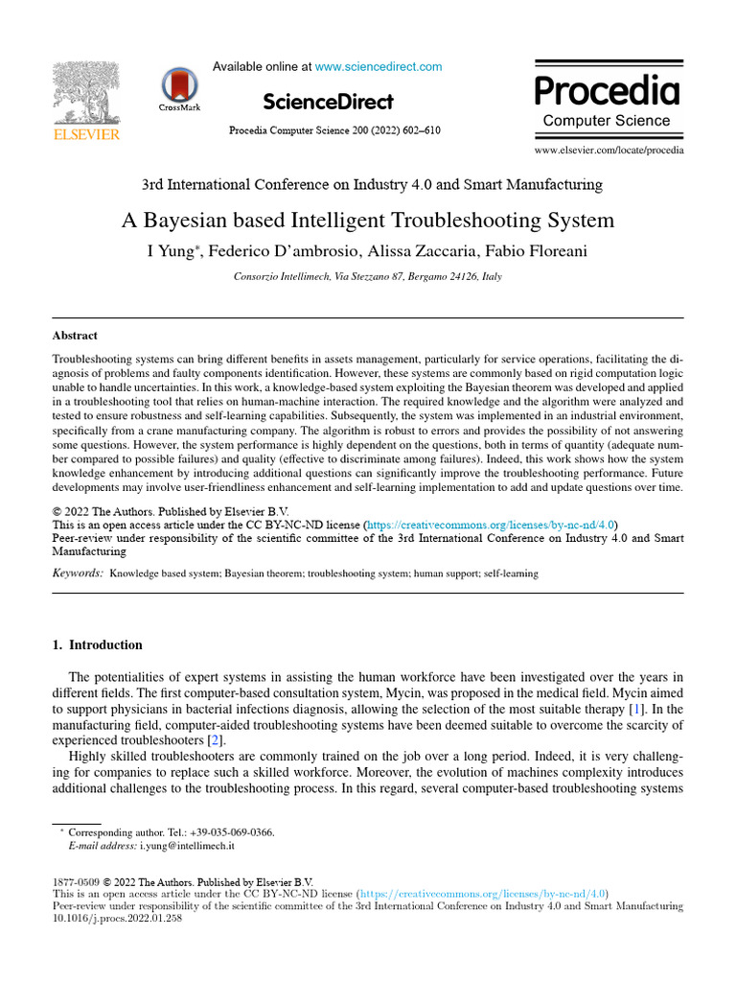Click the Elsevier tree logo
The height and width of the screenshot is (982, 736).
tap(85, 95)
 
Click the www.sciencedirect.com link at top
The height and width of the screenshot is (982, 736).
tap(379, 67)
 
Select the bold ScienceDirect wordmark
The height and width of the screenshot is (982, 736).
tap(327, 102)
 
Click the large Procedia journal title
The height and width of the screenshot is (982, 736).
tap(607, 91)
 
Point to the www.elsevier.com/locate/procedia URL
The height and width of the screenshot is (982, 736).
tap(609, 151)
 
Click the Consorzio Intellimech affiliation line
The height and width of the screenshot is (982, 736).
tap(367, 277)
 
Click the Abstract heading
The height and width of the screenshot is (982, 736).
tap(75, 336)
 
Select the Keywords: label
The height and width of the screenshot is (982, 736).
tap(78, 573)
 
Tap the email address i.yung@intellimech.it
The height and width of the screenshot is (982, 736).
tap(188, 847)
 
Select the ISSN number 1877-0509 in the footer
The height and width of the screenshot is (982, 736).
tap(75, 881)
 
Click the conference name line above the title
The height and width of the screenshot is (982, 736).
tap(372, 184)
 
